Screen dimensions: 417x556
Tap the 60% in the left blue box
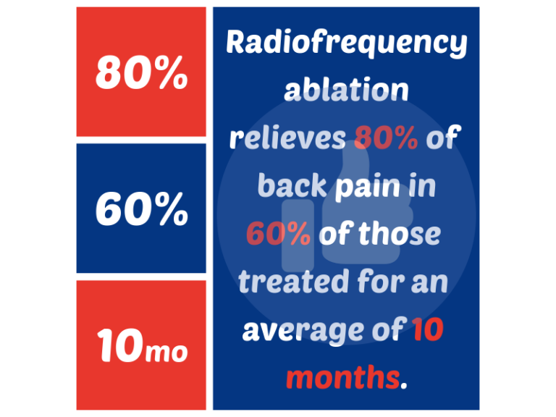(142, 209)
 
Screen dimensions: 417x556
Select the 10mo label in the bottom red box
(142, 346)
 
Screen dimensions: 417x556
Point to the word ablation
(346, 90)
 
